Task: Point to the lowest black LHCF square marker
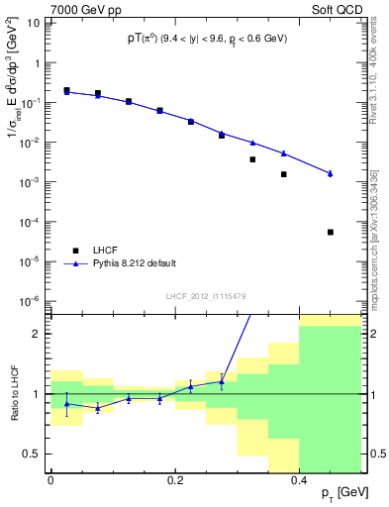331,232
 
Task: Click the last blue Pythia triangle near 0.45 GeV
331,173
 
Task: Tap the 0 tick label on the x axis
50,480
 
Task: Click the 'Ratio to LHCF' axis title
13,393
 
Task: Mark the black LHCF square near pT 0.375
283,174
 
